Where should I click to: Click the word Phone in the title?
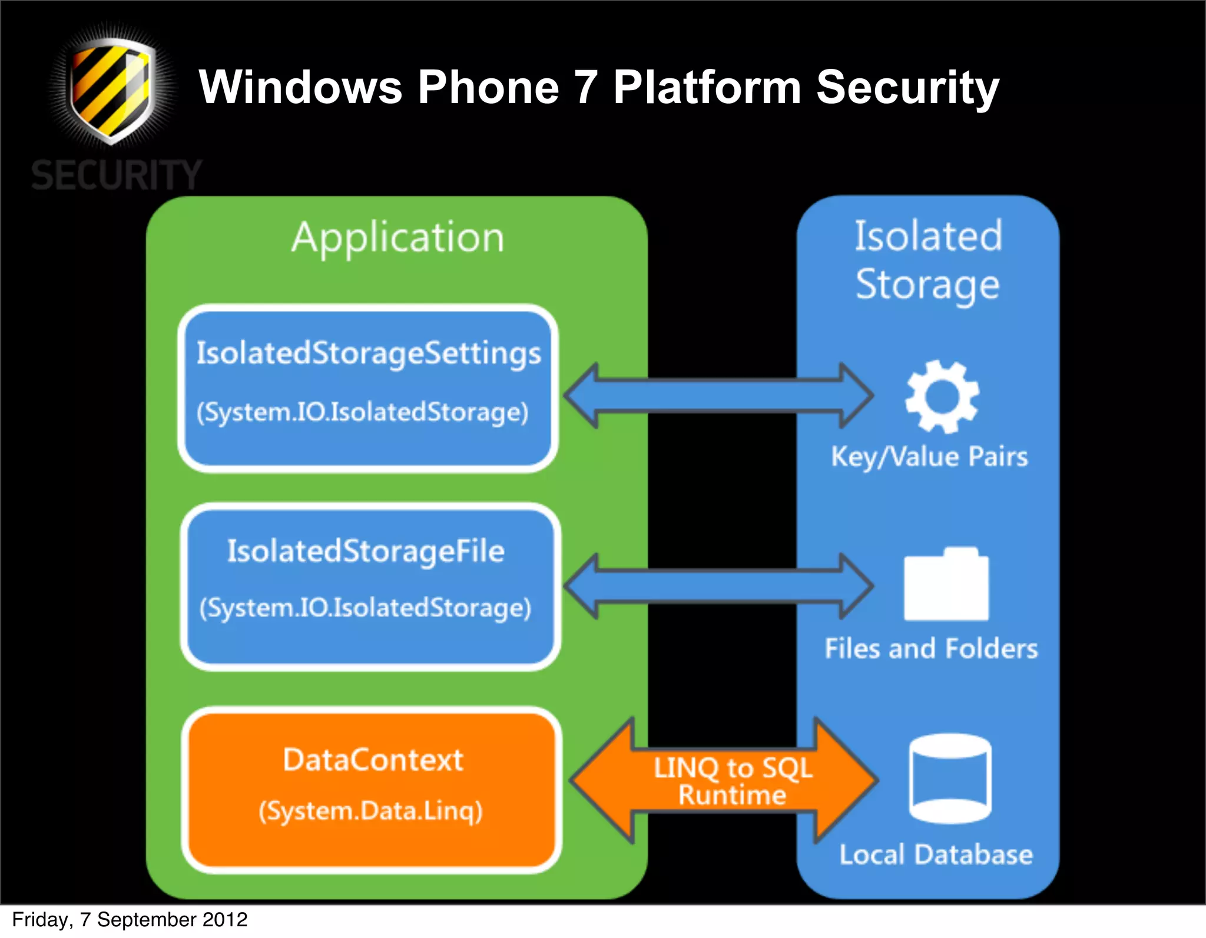coord(488,87)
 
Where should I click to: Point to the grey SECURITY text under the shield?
coord(117,175)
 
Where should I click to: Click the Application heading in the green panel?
coord(398,238)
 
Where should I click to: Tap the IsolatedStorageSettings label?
coord(369,353)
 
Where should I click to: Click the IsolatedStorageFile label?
coord(366,552)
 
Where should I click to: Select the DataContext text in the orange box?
coord(373,760)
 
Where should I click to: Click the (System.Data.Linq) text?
coord(371,811)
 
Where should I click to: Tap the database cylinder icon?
coord(950,778)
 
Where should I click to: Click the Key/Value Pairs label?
coord(929,457)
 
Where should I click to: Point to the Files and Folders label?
coord(931,649)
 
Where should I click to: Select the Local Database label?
coord(936,854)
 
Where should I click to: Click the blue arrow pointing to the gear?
coord(718,396)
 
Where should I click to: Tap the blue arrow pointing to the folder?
coord(718,586)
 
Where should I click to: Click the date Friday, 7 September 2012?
coord(130,920)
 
